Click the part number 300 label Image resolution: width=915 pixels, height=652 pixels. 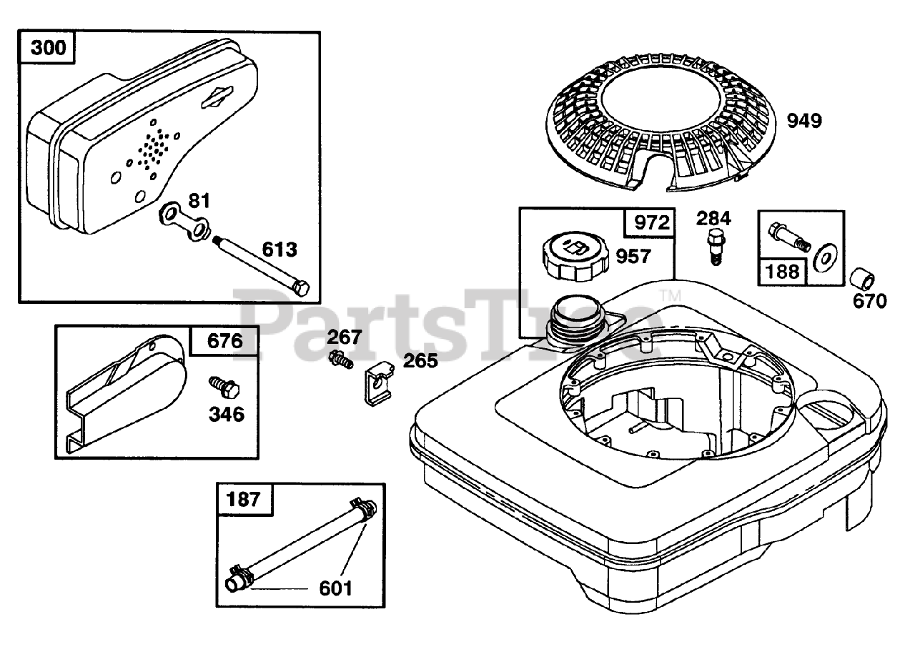coord(49,49)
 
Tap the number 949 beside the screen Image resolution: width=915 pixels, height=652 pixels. coord(804,121)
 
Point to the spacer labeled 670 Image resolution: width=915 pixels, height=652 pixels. coord(862,278)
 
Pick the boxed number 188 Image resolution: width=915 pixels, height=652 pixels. coord(783,272)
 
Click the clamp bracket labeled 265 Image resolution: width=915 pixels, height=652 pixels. coord(376,384)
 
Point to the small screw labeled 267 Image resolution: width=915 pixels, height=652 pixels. coord(341,359)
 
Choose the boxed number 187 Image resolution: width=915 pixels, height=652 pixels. coord(244,499)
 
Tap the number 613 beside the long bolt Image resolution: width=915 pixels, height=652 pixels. coord(279,250)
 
